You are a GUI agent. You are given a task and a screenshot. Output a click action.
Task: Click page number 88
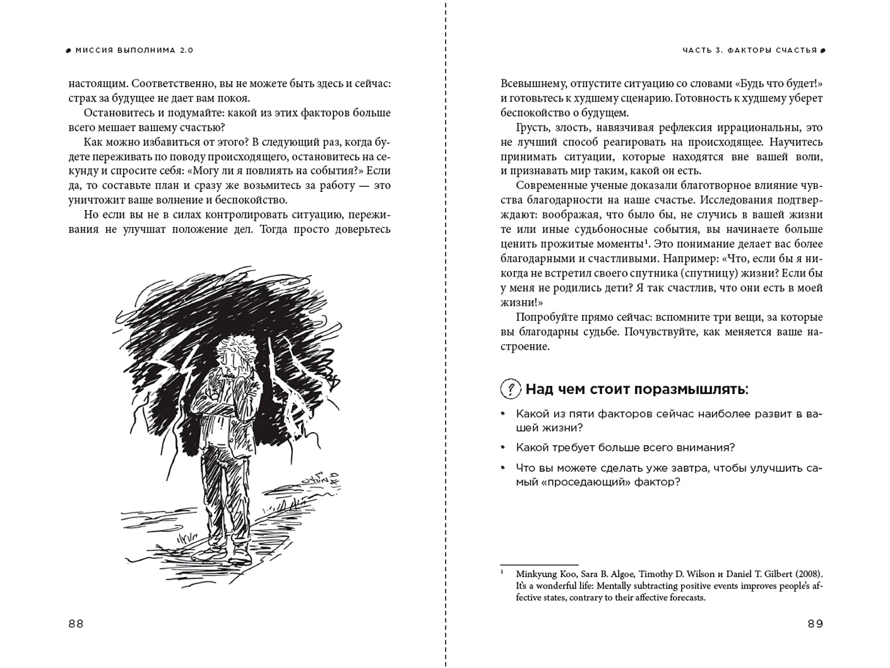76,624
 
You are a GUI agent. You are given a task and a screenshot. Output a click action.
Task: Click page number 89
815,624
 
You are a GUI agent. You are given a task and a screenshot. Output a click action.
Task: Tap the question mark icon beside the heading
510,389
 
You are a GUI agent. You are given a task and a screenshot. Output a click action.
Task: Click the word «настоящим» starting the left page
96,84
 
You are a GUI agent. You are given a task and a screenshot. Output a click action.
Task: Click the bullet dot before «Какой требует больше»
503,448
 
